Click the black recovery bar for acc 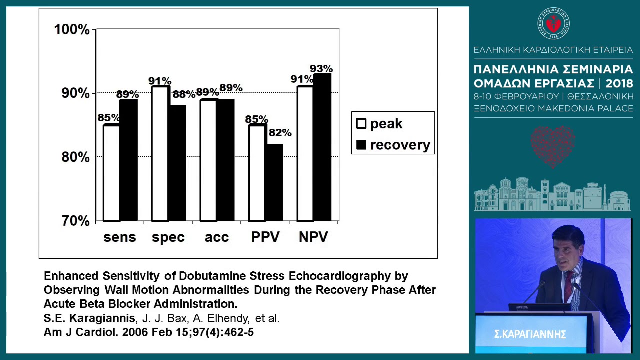tap(225, 160)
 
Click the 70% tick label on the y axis tap(75, 221)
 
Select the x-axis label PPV tap(265, 237)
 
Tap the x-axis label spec tap(168, 237)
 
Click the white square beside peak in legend tap(361, 124)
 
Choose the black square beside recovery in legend tap(361, 145)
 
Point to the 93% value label tap(321, 69)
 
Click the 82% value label tap(280, 133)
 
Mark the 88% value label tap(183, 94)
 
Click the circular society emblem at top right tap(553, 23)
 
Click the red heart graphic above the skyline tap(552, 145)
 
